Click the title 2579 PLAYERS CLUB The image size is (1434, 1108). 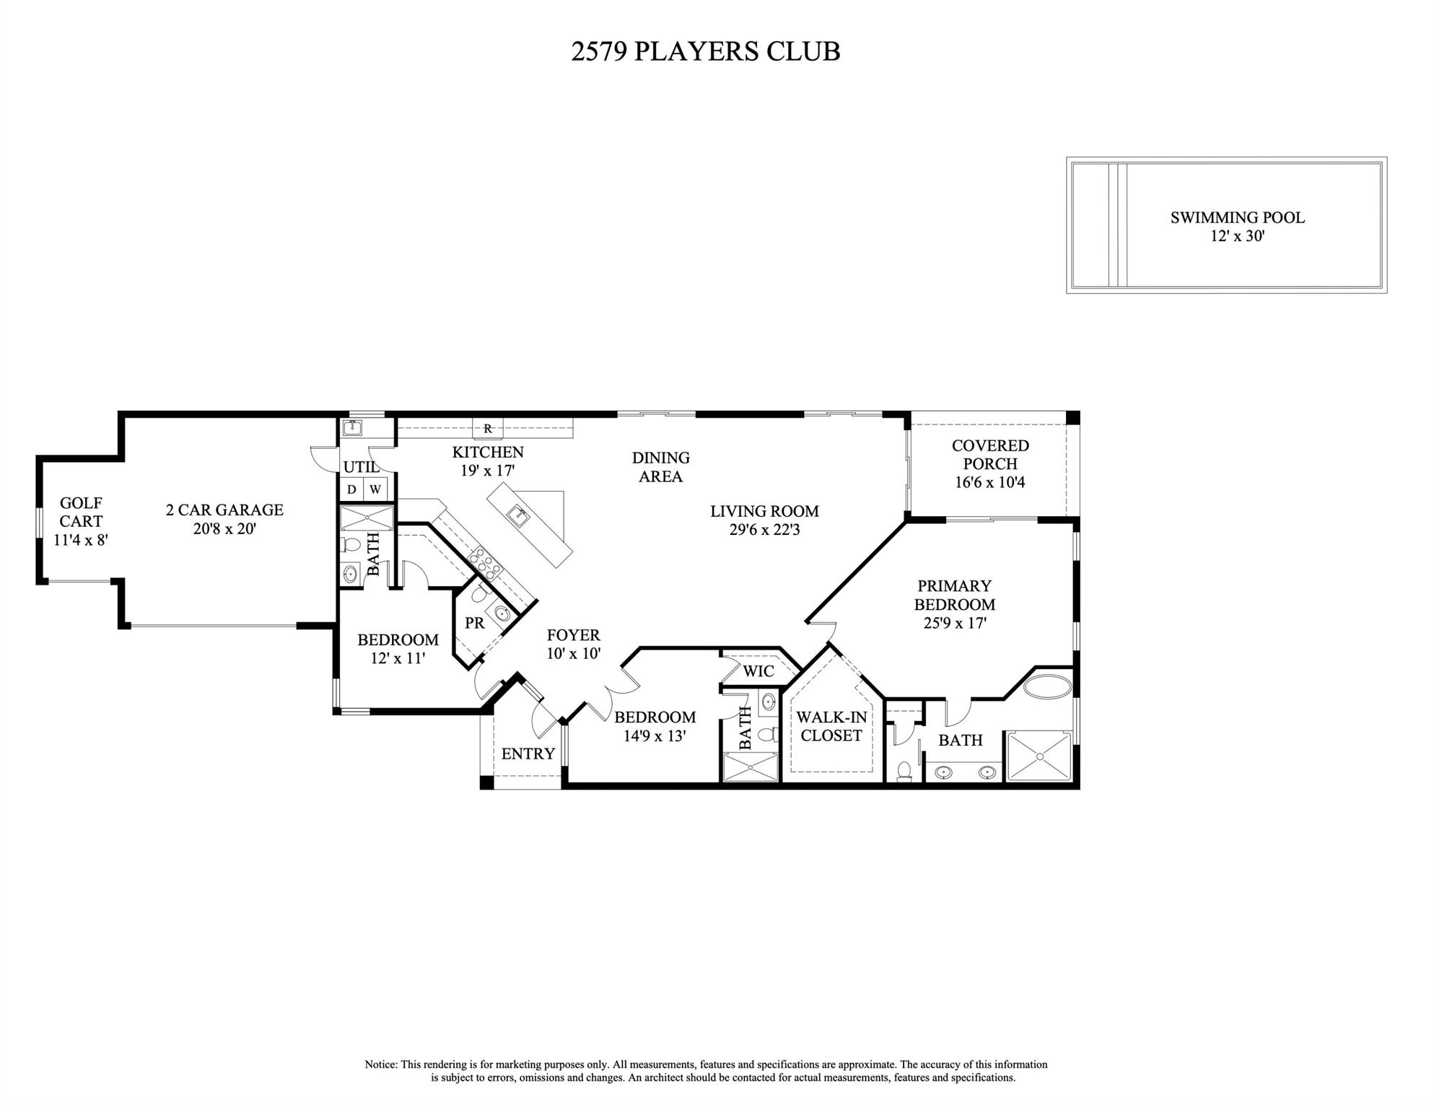click(705, 52)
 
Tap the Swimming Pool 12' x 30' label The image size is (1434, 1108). click(1237, 226)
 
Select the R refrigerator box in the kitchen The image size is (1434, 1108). click(488, 428)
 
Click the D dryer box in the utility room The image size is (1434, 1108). click(351, 489)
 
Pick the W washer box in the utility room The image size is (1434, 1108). click(375, 489)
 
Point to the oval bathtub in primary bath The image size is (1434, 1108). click(1048, 685)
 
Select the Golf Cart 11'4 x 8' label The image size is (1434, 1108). click(81, 520)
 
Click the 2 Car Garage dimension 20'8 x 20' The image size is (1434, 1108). click(224, 528)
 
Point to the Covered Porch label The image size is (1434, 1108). click(990, 455)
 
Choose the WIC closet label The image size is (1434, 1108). click(758, 671)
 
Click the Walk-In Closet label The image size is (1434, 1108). click(831, 726)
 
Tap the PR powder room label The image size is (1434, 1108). click(474, 622)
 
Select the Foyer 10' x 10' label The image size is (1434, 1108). click(573, 644)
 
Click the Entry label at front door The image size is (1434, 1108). click(528, 754)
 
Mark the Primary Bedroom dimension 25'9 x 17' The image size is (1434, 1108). click(955, 623)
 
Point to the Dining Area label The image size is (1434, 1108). click(660, 466)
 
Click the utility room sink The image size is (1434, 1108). click(352, 428)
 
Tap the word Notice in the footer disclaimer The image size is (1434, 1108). click(380, 1065)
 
